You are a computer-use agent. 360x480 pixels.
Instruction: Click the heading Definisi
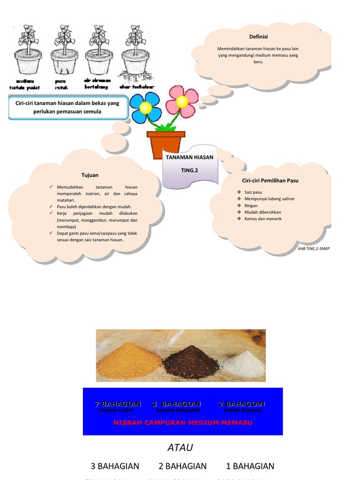tap(258, 37)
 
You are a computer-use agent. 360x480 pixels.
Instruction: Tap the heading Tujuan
tap(90, 175)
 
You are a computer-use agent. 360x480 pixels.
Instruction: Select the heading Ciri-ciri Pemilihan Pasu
tap(270, 180)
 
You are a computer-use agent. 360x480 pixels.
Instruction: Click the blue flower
tap(145, 108)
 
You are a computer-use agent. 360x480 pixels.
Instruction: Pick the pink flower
tap(182, 101)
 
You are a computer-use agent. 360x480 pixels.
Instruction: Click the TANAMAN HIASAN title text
tap(189, 157)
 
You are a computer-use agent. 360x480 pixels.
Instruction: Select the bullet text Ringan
tap(251, 205)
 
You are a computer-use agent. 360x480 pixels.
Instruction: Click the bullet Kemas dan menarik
tap(262, 218)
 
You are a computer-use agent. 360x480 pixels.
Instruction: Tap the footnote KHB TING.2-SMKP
tap(314, 248)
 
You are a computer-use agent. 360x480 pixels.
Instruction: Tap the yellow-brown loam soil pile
tap(129, 361)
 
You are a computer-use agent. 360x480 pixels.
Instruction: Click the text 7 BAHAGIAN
tap(118, 404)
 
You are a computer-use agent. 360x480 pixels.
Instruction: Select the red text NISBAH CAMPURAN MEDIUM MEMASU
tap(183, 423)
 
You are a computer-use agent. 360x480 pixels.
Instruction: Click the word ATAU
tap(180, 448)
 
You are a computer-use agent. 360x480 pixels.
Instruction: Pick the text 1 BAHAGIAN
tap(250, 466)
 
